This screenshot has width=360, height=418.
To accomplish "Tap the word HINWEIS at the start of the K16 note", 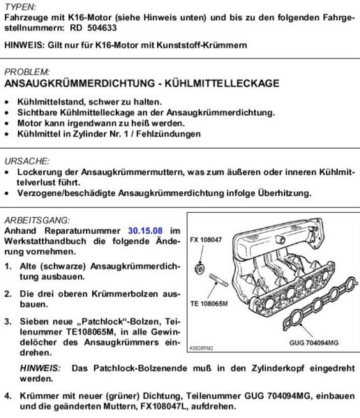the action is [x=26, y=45].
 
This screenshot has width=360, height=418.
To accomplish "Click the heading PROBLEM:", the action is [x=27, y=71].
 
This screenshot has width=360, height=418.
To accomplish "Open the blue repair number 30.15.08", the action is [x=145, y=230].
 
